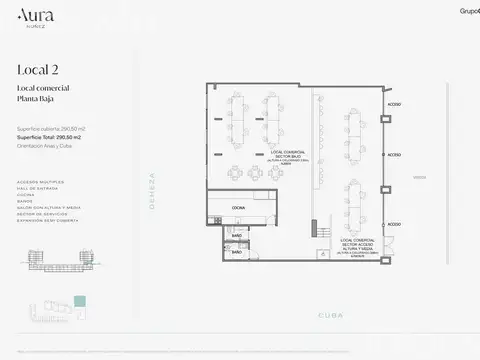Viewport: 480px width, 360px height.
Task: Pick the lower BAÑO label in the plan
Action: (236, 253)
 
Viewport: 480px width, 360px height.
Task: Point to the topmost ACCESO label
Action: (395, 104)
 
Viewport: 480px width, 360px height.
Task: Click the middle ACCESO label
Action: (395, 155)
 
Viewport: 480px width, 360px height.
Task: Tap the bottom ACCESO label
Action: (395, 225)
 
